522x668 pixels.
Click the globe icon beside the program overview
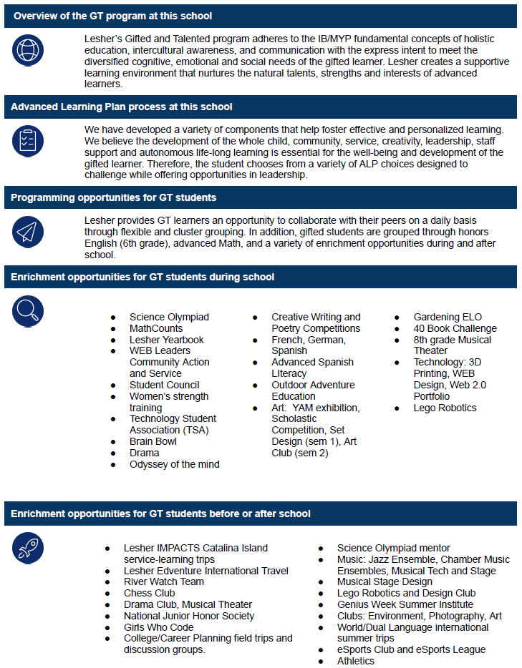pyautogui.click(x=28, y=51)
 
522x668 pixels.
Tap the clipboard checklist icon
pyautogui.click(x=28, y=141)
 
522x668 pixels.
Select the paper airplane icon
pyautogui.click(x=28, y=232)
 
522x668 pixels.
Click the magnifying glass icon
pyautogui.click(x=28, y=311)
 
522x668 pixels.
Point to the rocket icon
pyautogui.click(x=28, y=548)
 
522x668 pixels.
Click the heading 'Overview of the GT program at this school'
pyautogui.click(x=112, y=16)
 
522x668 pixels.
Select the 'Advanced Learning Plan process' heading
pyautogui.click(x=122, y=107)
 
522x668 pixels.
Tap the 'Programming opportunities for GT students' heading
pyautogui.click(x=114, y=197)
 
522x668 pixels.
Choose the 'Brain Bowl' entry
pyautogui.click(x=153, y=441)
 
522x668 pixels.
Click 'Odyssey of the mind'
pyautogui.click(x=174, y=464)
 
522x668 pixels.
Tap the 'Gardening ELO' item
pyautogui.click(x=448, y=317)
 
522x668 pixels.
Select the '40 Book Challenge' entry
pyautogui.click(x=455, y=328)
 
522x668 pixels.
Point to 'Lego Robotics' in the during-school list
pyautogui.click(x=445, y=408)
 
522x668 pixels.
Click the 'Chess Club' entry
pyautogui.click(x=149, y=593)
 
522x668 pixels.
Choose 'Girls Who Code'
pyautogui.click(x=158, y=627)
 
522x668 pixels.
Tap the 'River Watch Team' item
pyautogui.click(x=163, y=581)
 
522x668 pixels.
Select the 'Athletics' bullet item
pyautogui.click(x=355, y=661)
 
